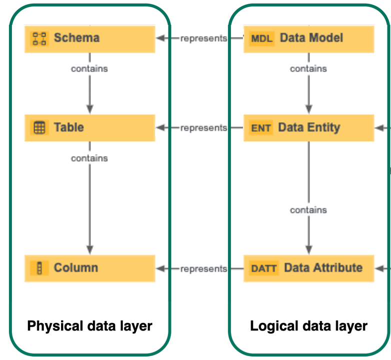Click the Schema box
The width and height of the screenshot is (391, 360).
90,38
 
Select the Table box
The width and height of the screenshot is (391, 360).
90,128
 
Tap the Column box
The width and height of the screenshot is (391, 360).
90,268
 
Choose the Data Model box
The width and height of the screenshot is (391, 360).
308,38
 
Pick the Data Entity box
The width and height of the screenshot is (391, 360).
308,128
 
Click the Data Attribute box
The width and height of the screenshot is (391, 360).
308,268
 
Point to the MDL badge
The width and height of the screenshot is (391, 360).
261,38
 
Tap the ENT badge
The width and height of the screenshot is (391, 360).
261,128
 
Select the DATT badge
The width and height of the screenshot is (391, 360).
263,268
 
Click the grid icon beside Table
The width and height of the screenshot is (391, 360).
39,128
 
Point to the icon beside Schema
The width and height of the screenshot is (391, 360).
39,38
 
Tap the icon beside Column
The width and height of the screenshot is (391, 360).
39,268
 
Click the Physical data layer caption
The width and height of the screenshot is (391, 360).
89,326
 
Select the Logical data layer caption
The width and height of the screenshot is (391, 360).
308,326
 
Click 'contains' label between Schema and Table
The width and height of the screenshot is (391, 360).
89,68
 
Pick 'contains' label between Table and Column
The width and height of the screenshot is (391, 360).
89,158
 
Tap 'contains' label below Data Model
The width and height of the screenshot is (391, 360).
308,68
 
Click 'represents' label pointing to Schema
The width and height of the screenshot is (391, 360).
203,38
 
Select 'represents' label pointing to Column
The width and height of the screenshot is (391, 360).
203,268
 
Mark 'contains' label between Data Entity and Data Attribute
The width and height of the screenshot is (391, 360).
308,210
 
